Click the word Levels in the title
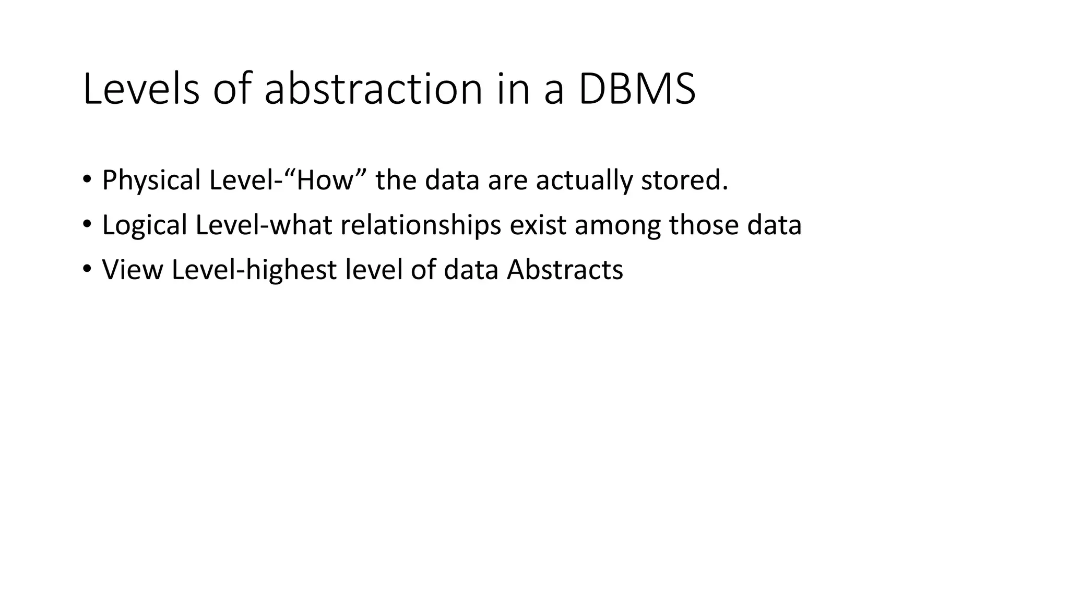click(141, 89)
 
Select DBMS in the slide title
click(637, 89)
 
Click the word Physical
click(151, 181)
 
